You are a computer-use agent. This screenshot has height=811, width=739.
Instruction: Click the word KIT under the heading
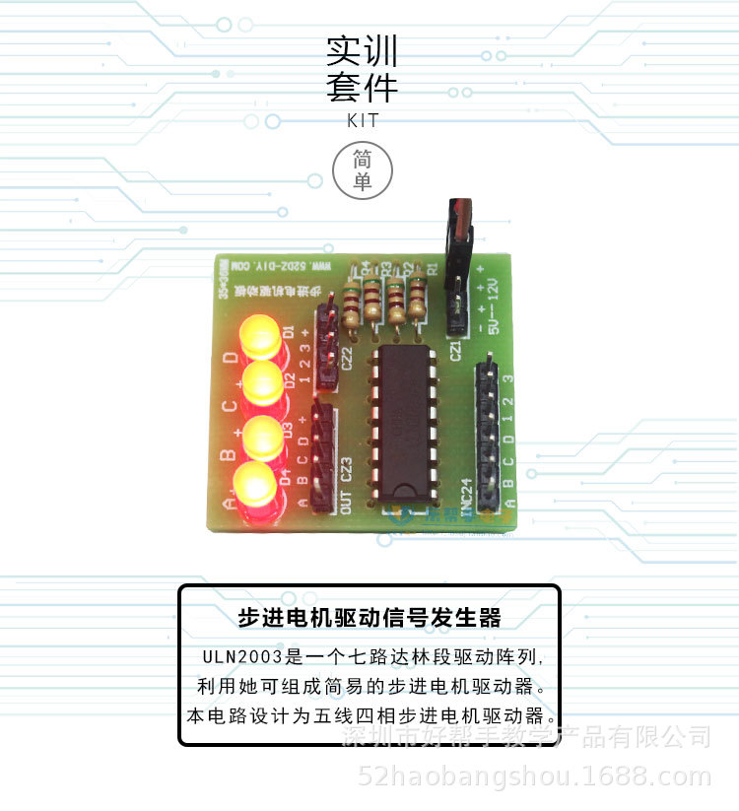coord(363,121)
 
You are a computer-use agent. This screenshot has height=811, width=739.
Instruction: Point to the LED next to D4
coord(253,488)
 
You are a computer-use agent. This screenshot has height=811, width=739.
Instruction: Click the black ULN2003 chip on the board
coord(401,422)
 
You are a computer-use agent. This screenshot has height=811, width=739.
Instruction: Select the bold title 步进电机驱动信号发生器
coord(369,618)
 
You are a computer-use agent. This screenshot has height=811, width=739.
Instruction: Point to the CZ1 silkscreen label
coord(456,349)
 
